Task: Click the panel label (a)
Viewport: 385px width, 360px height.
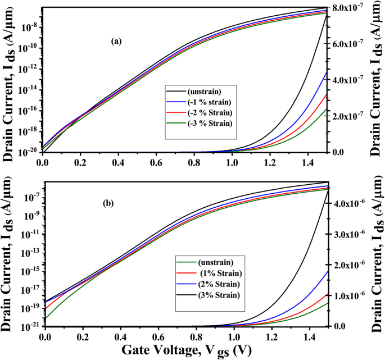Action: (x=116, y=41)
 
